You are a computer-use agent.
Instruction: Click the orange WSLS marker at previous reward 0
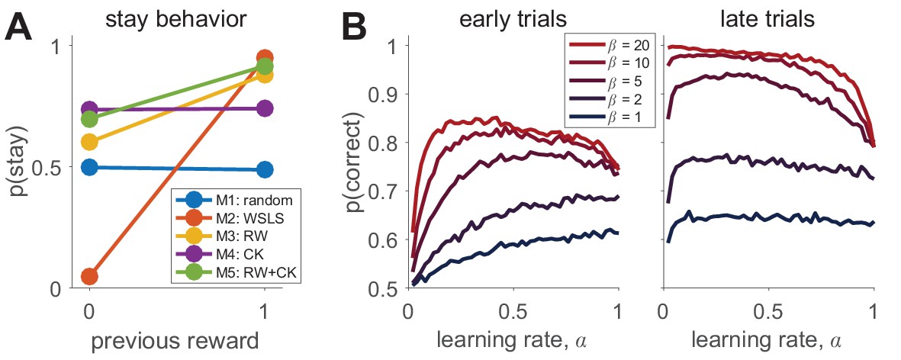tap(89, 275)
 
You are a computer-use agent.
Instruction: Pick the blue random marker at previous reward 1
tap(265, 169)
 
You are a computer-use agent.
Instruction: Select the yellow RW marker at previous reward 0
tap(89, 142)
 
